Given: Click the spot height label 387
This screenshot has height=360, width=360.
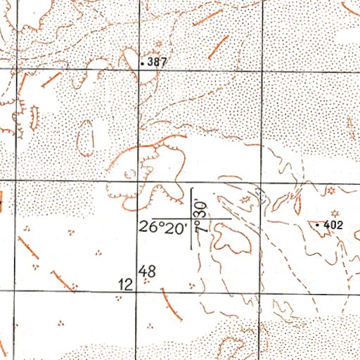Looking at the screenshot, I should coord(157,63).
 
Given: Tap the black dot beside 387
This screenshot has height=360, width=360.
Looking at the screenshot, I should coord(143,63).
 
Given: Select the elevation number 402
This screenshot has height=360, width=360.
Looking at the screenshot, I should coord(333,225).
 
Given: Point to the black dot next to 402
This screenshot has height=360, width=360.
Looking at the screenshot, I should coord(318,224).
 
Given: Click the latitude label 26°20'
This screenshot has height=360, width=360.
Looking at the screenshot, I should coord(162,227).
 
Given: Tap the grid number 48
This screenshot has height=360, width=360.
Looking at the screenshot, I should coord(147,269).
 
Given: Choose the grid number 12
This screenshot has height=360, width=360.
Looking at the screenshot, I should coord(127,285).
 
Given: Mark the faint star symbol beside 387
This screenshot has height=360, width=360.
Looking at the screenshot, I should coord(147,45).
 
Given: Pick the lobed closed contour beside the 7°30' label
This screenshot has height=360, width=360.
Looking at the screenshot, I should coord(232,240).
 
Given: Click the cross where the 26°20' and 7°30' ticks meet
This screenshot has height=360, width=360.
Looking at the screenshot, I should coord(193,219).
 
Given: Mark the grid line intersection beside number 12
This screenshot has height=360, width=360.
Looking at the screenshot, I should coord(139,290).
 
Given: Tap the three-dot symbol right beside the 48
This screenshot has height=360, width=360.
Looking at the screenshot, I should coord(146,281).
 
